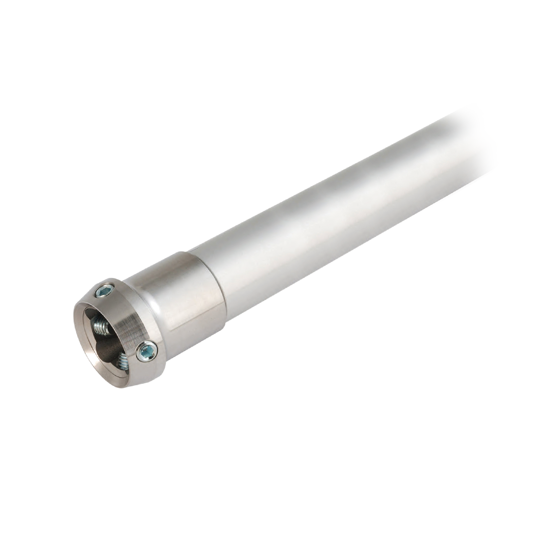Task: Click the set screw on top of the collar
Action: click(104, 290)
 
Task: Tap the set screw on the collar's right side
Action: click(146, 352)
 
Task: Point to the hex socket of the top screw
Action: click(104, 290)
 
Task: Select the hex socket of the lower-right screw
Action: click(146, 352)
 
